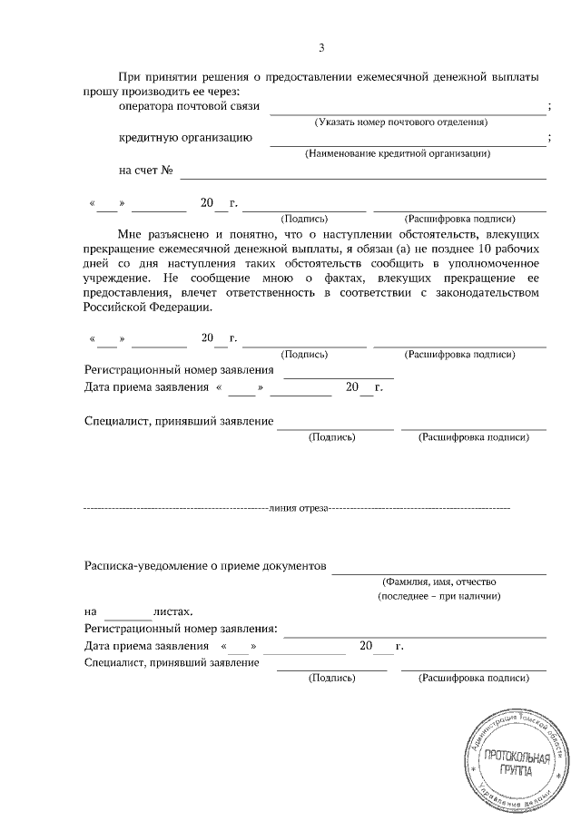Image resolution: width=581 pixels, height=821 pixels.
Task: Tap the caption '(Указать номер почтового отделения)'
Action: tap(400, 122)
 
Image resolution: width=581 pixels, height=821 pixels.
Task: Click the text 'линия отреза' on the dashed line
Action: tap(297, 510)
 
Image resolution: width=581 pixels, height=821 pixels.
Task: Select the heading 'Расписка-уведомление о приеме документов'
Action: tap(203, 564)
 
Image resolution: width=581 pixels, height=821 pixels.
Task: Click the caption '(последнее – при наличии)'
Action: tap(439, 597)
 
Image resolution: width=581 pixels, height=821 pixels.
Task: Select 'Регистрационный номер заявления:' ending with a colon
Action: tap(181, 629)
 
